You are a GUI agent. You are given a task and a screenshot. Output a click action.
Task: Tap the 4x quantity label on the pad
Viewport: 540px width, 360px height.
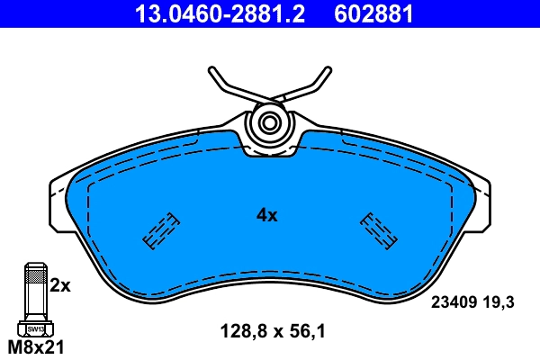[x=267, y=215]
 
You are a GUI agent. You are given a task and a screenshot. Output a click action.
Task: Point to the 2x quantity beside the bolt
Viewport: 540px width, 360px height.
[x=60, y=285]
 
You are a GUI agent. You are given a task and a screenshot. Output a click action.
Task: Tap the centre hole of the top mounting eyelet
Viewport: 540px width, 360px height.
[x=268, y=124]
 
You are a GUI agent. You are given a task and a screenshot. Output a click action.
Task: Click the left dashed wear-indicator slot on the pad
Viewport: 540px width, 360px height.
[x=160, y=229]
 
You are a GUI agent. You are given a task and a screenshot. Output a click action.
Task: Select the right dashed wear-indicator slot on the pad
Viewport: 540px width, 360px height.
[x=379, y=229]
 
